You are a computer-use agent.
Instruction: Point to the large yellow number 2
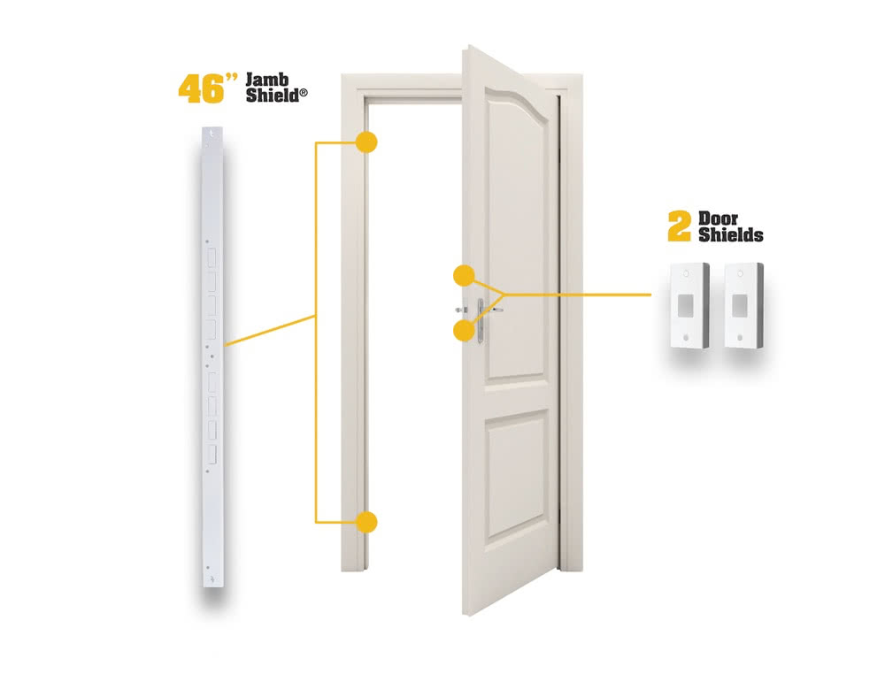pyautogui.click(x=679, y=226)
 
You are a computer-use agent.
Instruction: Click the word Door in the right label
pyautogui.click(x=718, y=218)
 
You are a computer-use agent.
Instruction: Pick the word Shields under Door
pyautogui.click(x=730, y=235)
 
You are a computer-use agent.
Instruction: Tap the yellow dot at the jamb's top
pyautogui.click(x=366, y=142)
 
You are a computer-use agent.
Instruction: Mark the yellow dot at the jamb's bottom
pyautogui.click(x=366, y=522)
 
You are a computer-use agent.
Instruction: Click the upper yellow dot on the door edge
pyautogui.click(x=463, y=275)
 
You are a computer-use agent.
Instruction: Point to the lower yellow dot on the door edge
pyautogui.click(x=463, y=330)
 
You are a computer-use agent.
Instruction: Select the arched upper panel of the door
pyautogui.click(x=517, y=221)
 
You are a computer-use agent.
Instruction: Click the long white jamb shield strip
pyautogui.click(x=212, y=354)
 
